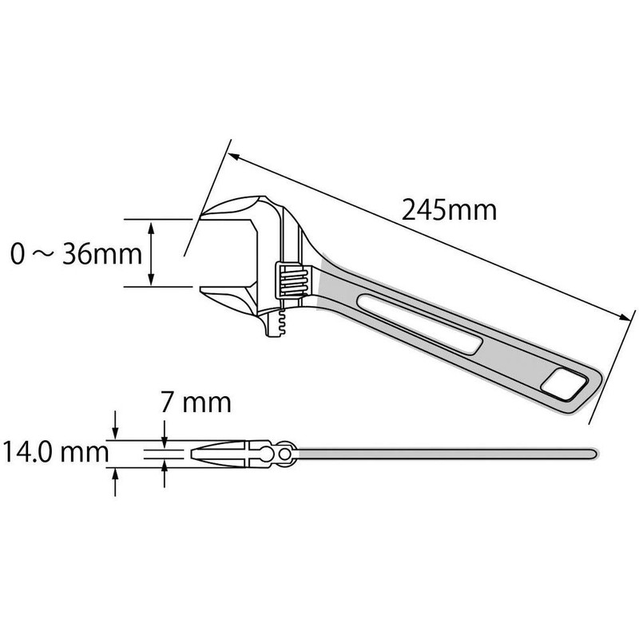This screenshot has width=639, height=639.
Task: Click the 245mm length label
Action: tap(450, 211)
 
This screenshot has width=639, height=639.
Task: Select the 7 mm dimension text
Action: tap(196, 401)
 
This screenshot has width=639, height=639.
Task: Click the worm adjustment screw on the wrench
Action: tap(288, 280)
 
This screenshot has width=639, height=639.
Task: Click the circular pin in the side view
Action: tap(285, 454)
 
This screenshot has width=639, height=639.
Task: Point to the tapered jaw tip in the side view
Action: tap(198, 454)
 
